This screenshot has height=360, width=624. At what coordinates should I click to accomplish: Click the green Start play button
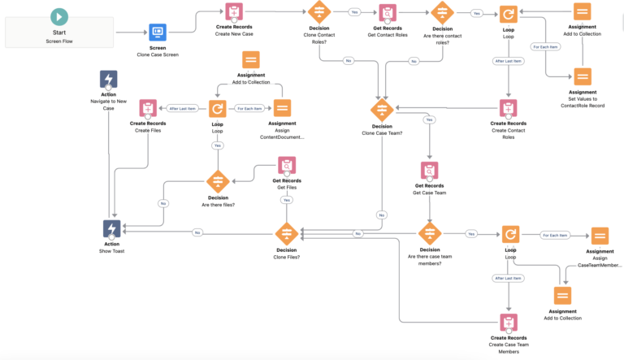pos(59,16)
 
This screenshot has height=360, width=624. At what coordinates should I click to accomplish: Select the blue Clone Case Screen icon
pos(158,33)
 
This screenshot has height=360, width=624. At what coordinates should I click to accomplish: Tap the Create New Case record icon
pos(234,13)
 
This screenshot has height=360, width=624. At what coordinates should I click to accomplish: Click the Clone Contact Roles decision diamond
pos(319,13)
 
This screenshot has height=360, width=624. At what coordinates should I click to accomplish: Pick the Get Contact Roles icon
pos(388,13)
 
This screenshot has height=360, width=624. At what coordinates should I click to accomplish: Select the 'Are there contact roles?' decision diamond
pos(442,13)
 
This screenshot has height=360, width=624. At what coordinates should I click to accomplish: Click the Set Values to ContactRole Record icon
pos(583,77)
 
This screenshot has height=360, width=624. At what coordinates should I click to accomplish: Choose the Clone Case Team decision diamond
pos(382,110)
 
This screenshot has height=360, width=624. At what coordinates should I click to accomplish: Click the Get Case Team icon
pos(429,171)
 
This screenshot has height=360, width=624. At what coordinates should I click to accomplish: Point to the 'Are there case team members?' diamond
pos(429,233)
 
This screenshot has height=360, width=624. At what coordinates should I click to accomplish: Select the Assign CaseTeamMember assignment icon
pos(600,236)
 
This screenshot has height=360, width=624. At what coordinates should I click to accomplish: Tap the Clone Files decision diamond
pos(287,233)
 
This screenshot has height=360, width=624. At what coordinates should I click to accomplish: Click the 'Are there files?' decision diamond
pos(218,181)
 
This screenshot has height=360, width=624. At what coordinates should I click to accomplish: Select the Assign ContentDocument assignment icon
pos(282,108)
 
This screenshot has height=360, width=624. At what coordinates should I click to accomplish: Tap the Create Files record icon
pos(148,108)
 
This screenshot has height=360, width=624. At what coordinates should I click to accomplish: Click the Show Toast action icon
pos(112,229)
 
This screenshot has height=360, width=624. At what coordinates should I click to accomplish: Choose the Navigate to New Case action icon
pos(109,79)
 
